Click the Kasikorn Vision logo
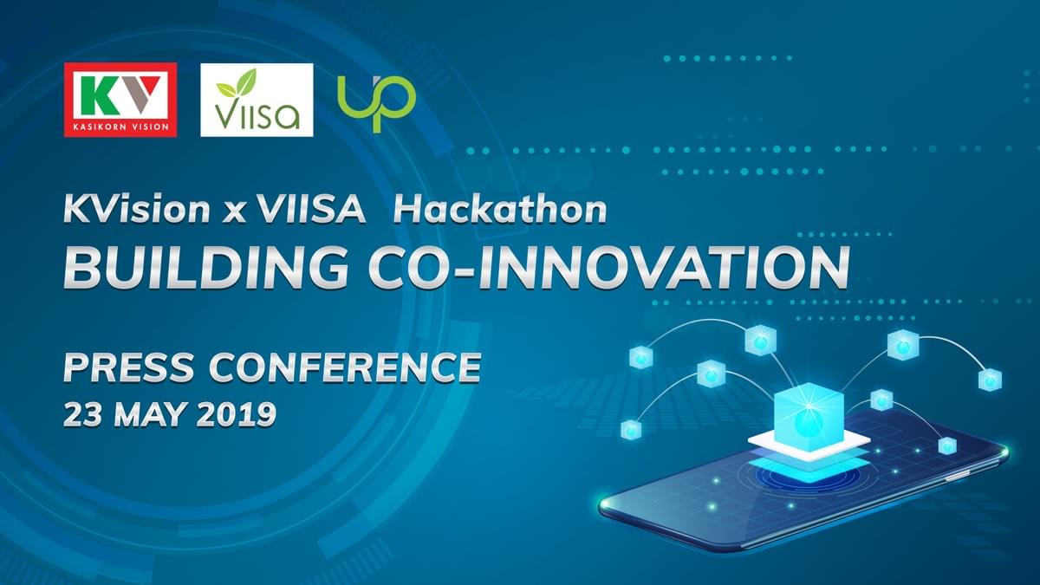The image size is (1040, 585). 120,100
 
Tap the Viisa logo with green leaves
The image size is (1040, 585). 257,100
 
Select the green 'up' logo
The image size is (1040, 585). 376,102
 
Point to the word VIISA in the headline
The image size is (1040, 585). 311,209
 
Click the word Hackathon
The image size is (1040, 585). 500,209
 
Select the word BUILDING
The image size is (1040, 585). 205,269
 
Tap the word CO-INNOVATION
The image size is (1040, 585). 609,269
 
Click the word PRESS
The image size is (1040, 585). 128,367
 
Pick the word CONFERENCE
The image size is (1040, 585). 345,367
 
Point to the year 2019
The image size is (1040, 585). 237,414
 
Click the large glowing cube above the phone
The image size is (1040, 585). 809,415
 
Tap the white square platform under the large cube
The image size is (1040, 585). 809,445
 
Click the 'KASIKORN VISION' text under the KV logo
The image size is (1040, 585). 120,127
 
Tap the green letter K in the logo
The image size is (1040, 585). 97,95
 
